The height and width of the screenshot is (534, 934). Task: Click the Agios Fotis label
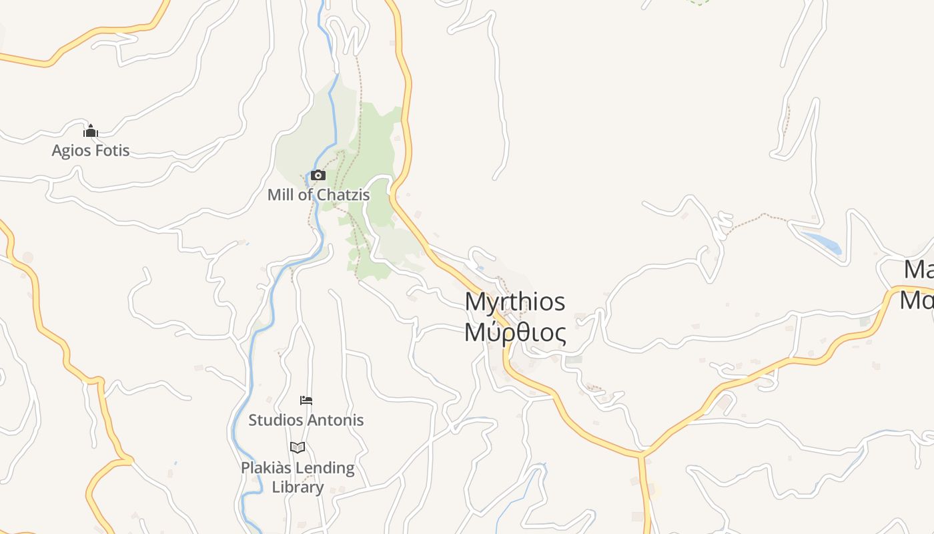91,150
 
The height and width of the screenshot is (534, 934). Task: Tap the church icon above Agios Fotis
91,131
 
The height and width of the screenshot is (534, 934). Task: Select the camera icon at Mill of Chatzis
318,176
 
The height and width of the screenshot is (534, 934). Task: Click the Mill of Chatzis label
318,195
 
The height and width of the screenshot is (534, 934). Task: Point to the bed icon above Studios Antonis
306,400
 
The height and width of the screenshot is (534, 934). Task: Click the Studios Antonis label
306,420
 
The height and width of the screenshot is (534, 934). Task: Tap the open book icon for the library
298,447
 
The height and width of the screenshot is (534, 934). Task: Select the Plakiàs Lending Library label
298,477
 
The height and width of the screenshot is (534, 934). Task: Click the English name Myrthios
515,302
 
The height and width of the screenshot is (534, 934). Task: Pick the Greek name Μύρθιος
515,332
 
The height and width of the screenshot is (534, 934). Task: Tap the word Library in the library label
298,487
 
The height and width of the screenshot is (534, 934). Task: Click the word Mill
279,195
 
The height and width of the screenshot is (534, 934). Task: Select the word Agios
70,150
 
